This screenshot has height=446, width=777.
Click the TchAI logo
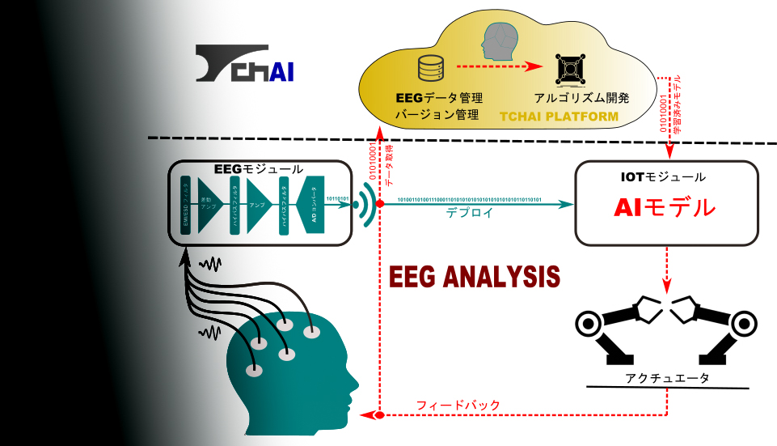244,64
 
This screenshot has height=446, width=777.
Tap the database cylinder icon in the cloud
428,67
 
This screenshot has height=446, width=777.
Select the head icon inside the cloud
498,42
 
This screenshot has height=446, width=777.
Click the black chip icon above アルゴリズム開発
571,70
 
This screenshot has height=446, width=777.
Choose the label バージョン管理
437,115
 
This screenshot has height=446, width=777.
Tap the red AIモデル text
665,207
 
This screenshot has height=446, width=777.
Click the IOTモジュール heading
666,176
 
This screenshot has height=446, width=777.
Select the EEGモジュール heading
259,169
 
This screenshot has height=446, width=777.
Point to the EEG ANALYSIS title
475,276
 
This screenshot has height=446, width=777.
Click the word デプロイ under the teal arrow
470,214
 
